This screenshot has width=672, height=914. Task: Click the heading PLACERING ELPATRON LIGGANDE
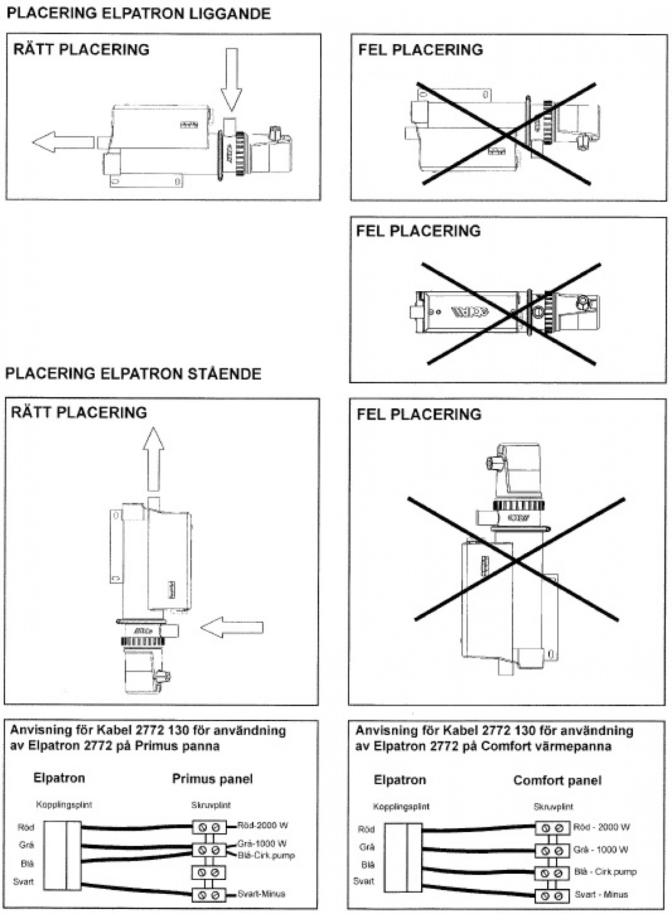(138, 13)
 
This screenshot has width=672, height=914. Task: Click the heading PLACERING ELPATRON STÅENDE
(133, 374)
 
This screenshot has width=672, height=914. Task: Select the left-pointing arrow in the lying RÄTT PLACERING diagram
(62, 142)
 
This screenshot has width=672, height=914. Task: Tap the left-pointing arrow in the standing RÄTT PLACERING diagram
(232, 628)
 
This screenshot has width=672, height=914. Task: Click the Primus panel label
(212, 778)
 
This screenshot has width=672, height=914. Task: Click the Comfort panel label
(557, 780)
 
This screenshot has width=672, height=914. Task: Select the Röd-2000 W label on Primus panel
(263, 825)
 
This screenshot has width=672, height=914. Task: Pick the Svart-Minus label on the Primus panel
(261, 893)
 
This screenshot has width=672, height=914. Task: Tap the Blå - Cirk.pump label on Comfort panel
(605, 872)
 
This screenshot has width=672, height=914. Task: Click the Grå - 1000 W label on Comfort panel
(601, 850)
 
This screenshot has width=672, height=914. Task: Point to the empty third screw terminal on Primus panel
(209, 873)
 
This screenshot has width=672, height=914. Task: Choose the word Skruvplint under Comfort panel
(553, 807)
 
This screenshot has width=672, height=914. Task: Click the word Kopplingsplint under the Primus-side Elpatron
(64, 805)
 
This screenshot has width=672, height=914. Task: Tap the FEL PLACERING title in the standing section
(419, 414)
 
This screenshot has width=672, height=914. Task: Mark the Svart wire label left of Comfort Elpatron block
(363, 881)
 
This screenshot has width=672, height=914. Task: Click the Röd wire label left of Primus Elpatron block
(26, 827)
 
